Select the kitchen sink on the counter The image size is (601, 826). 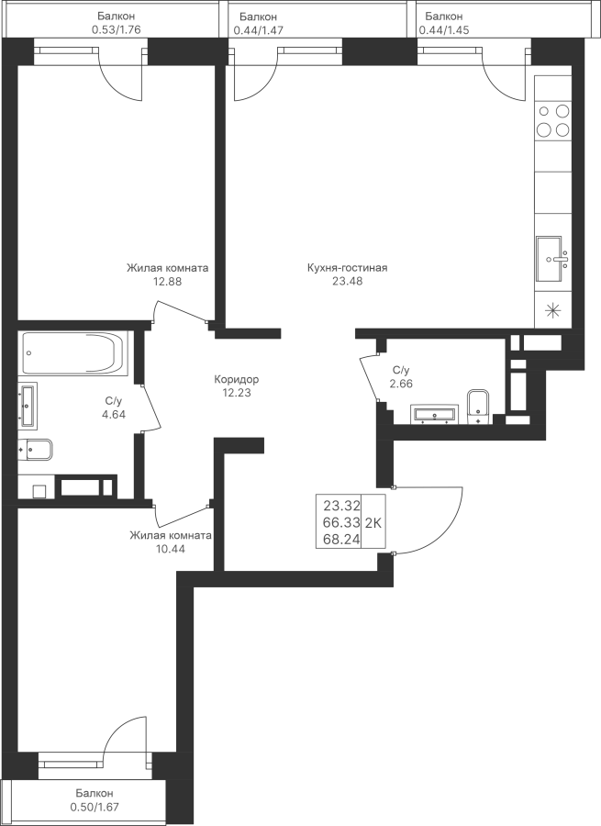point(552,259)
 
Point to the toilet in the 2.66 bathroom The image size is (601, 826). point(478,407)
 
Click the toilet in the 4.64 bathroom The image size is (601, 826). point(35,450)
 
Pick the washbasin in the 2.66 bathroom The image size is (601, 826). point(435,415)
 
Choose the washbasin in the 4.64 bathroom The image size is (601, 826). point(28,404)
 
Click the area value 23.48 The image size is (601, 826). point(347,282)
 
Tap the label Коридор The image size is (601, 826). point(237,379)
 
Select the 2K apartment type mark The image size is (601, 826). point(373,522)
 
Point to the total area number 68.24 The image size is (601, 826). point(342,539)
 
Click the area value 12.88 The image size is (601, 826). point(168,282)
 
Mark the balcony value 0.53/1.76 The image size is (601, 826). point(117,29)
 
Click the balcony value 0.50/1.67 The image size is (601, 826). point(95,807)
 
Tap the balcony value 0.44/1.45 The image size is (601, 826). point(444,30)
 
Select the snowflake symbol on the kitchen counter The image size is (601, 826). point(552,311)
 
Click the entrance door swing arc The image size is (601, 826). point(447,529)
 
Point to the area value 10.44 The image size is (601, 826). point(170,549)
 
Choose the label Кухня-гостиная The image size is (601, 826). point(348,268)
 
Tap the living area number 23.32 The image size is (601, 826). point(342,507)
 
